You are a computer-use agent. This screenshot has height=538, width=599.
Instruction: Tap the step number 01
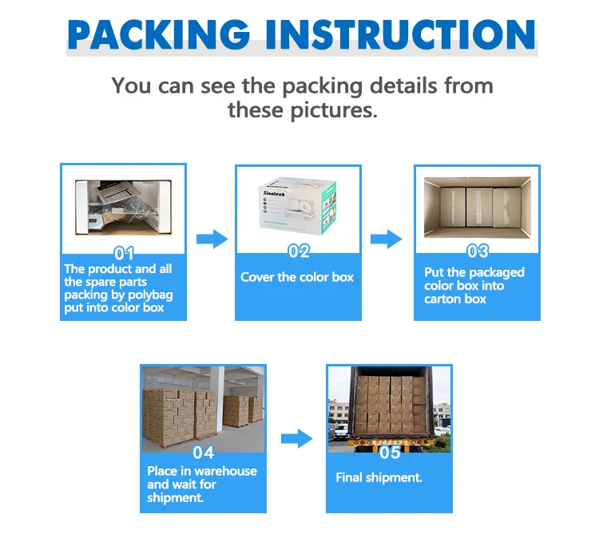(124, 254)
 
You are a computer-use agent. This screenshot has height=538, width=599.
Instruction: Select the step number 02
(298, 251)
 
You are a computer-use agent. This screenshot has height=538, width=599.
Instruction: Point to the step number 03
(477, 251)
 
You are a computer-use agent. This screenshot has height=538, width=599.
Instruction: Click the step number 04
(203, 453)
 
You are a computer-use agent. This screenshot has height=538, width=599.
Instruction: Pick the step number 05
(389, 453)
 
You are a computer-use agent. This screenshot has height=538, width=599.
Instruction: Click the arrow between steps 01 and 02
(211, 238)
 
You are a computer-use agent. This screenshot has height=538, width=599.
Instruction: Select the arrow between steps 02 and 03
(386, 238)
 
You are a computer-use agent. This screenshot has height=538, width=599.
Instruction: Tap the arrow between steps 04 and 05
(296, 437)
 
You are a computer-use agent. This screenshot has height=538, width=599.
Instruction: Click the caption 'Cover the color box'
(297, 277)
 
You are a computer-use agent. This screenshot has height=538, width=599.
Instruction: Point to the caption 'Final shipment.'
(379, 477)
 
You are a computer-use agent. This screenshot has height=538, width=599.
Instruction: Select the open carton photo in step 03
(477, 205)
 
